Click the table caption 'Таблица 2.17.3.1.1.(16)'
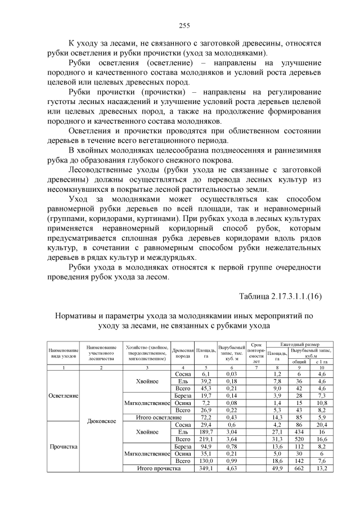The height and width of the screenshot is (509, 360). pos(280,296)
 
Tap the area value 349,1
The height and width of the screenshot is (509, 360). pos(205,468)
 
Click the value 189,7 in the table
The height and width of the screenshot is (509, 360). pos(205,432)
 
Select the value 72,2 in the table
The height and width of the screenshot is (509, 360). pos(205,417)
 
